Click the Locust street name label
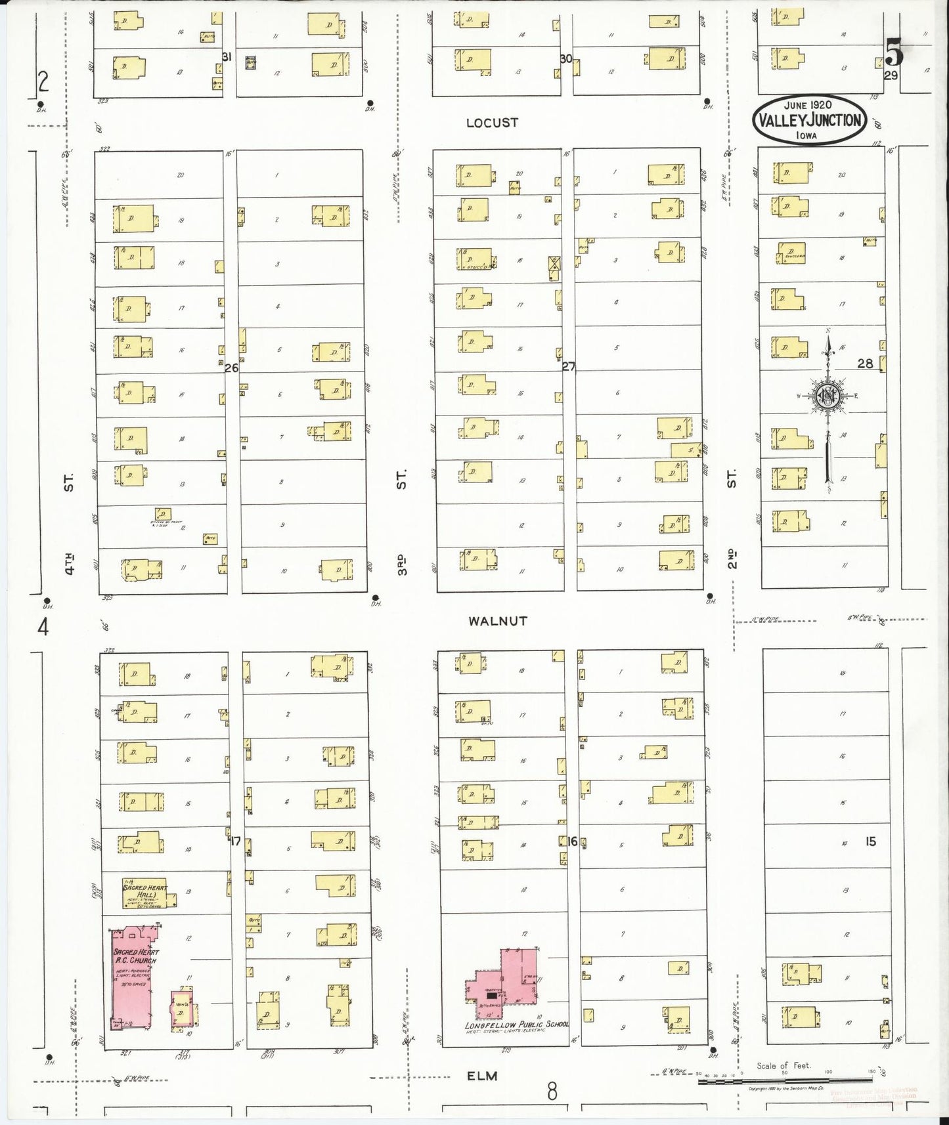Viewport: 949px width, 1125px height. pos(492,123)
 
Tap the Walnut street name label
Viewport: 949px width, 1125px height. pos(497,620)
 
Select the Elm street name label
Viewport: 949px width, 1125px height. pos(482,1076)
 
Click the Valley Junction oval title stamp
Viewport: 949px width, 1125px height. pos(809,119)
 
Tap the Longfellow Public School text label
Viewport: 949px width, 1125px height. pos(516,1025)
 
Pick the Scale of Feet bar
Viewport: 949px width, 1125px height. pos(788,1080)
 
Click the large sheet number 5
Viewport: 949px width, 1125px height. pos(894,52)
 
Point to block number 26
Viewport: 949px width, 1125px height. pos(231,368)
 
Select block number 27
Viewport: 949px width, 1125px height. pos(568,366)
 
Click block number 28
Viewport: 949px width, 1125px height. pos(865,363)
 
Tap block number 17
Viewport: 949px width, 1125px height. pos(234,841)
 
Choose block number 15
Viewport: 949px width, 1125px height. pos(870,841)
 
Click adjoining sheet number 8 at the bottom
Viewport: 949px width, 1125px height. pos(552,1092)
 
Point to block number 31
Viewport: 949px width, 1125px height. pos(227,57)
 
